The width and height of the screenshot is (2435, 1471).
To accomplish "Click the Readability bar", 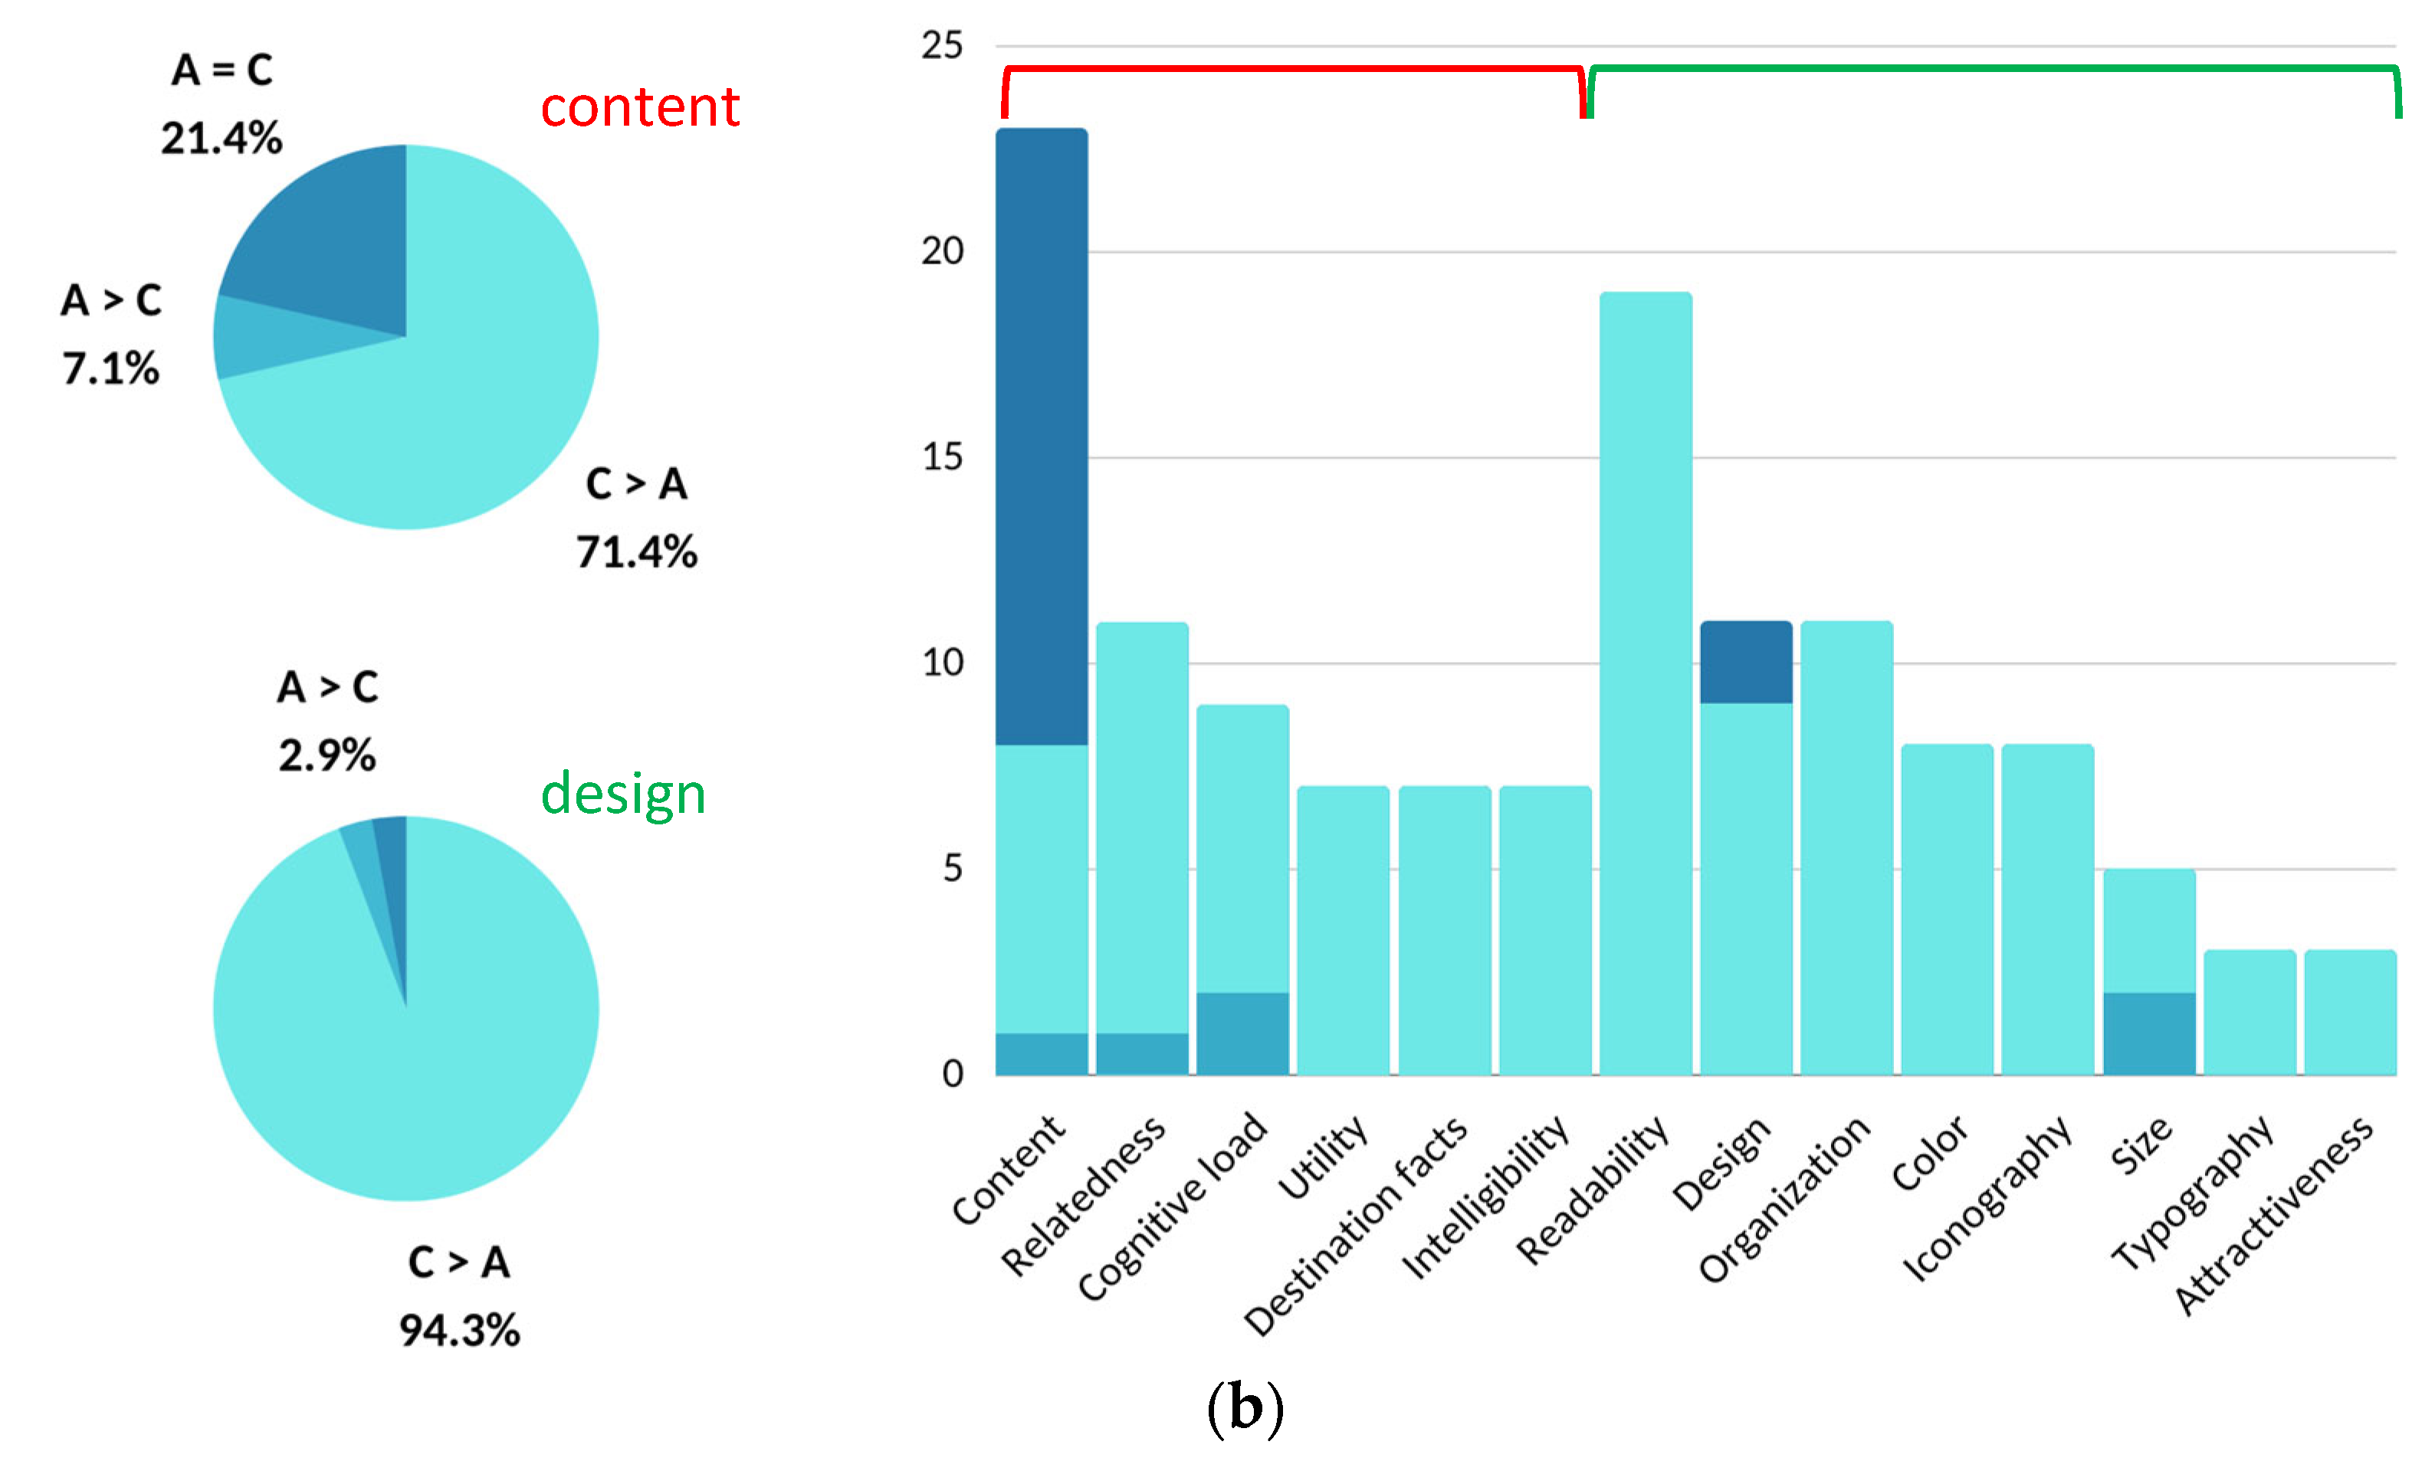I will click(x=1646, y=682).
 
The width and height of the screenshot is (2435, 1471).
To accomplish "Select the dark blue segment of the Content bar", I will click(x=1042, y=434).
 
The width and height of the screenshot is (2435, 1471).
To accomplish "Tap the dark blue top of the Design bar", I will click(x=1745, y=662).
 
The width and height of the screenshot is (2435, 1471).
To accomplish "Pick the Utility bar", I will click(x=1343, y=929).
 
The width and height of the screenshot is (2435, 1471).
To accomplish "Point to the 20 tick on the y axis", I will click(x=942, y=252).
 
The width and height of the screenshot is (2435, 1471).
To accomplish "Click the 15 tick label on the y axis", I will click(x=942, y=457).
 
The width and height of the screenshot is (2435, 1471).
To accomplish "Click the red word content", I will click(x=639, y=106).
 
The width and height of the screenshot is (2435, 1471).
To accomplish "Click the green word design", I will click(x=622, y=794).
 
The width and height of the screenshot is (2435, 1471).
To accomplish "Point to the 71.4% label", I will click(x=636, y=552).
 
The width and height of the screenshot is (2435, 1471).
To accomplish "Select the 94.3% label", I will click(x=460, y=1331).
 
